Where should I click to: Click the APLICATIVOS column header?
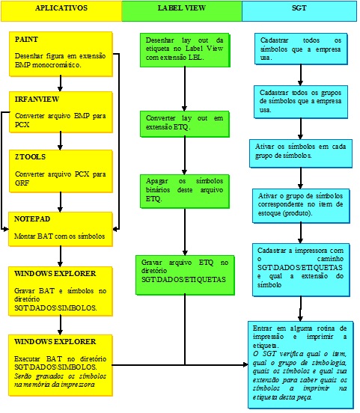(x=61, y=8)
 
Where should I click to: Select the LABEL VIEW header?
(x=182, y=8)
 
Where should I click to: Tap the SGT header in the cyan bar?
(x=299, y=8)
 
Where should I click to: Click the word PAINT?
(x=26, y=40)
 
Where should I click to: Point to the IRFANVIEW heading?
(x=37, y=100)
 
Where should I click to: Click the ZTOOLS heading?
(x=30, y=157)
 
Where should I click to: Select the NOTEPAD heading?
(x=32, y=219)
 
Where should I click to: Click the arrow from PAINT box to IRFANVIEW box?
(x=61, y=84)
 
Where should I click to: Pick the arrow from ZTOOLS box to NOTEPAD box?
(x=61, y=202)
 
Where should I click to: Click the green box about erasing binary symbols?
(x=185, y=192)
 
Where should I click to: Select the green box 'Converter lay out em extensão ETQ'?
(x=185, y=124)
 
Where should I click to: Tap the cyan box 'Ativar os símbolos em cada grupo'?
(x=301, y=153)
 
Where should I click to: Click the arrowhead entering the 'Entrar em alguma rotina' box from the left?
(x=245, y=365)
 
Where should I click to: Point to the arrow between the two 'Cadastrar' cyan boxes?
(x=300, y=75)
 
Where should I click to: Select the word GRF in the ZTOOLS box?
(x=22, y=183)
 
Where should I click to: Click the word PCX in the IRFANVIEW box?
(x=22, y=125)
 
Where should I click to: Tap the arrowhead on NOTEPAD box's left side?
(x=5, y=229)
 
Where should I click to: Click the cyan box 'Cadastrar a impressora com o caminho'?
(x=301, y=270)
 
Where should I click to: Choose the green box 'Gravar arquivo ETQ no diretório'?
(x=185, y=275)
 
